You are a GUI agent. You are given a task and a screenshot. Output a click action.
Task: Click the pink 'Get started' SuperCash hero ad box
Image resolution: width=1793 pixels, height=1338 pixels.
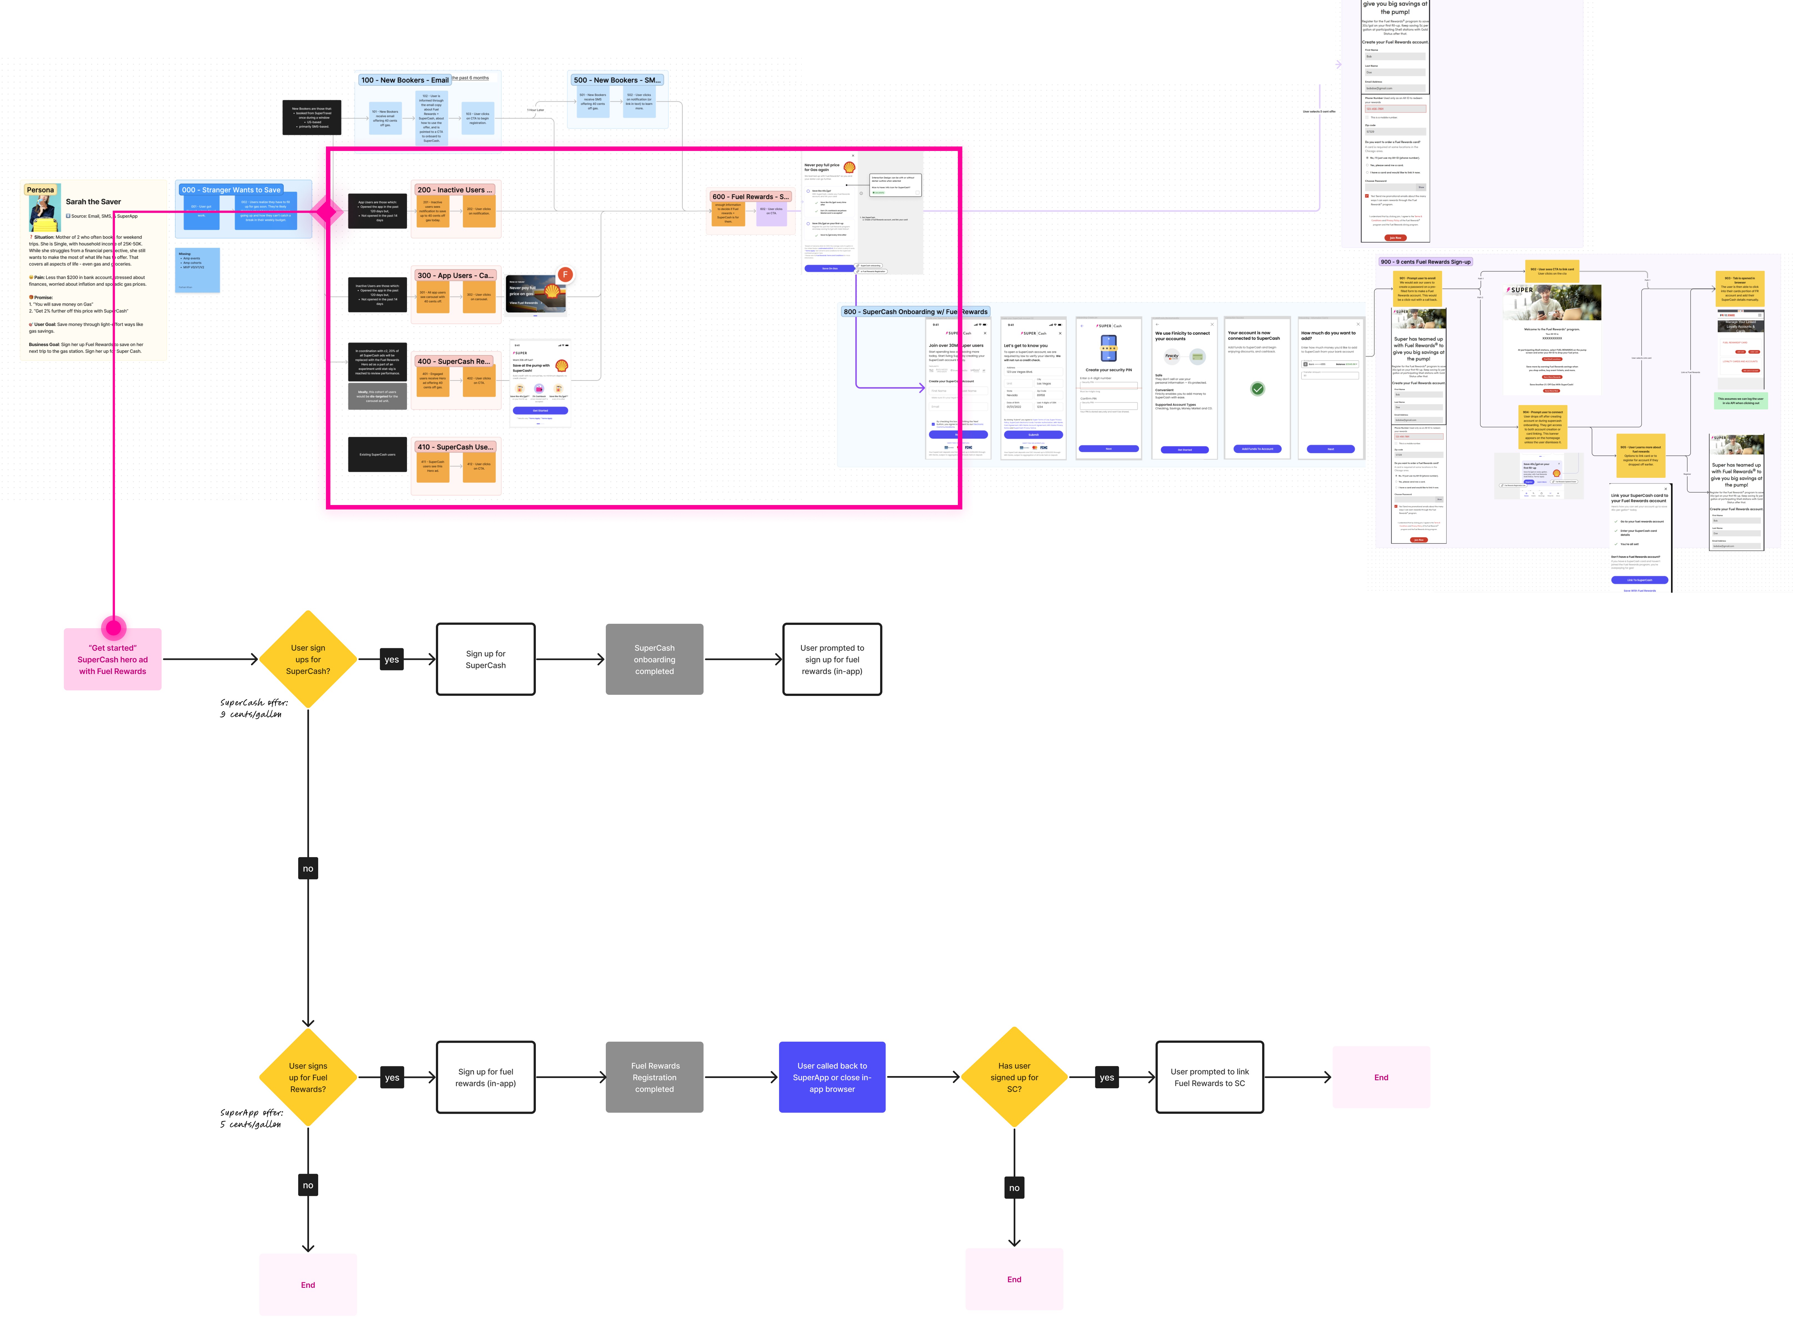coord(113,659)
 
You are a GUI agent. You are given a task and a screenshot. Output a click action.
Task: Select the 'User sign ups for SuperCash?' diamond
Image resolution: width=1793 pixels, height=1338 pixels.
coord(308,659)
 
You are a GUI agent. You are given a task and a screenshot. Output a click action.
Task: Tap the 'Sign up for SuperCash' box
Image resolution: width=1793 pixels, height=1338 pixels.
coord(485,659)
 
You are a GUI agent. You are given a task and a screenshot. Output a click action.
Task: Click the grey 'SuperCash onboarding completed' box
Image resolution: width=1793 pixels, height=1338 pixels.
coord(654,659)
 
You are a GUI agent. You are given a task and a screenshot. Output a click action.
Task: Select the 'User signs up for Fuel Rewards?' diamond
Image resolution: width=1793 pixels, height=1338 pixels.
coord(308,1077)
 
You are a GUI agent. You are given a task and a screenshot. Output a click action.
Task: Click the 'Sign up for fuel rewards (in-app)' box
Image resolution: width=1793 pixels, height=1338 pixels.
coord(485,1077)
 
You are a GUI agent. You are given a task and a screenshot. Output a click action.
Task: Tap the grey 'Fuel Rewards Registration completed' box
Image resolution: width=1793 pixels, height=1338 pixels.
coord(654,1077)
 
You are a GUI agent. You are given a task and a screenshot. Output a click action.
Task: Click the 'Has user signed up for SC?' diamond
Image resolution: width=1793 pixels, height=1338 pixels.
coord(1014,1077)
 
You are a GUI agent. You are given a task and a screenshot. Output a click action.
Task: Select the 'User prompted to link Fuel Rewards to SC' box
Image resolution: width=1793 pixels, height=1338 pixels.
coord(1209,1077)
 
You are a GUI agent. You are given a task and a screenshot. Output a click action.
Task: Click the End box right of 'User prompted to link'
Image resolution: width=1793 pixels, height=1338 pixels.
coord(1381,1077)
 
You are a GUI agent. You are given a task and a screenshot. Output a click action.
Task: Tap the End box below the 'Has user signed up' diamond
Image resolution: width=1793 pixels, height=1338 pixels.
coord(1014,1280)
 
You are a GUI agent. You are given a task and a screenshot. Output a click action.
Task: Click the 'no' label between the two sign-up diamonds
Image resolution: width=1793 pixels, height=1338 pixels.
coord(308,868)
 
